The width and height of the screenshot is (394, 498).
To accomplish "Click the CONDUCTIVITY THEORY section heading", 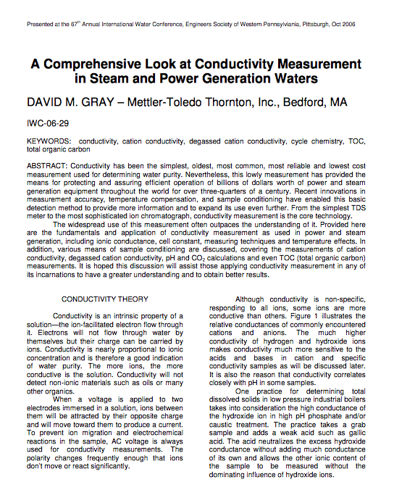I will coord(105,299).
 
